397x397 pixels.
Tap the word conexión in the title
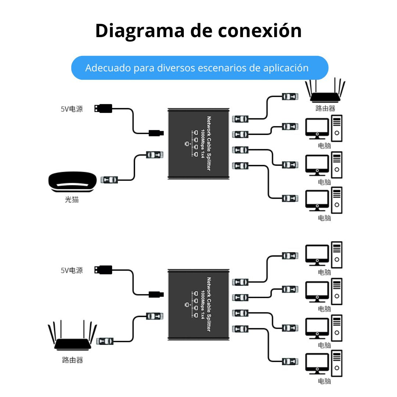click(260, 31)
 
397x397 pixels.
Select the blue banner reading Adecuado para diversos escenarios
click(199, 68)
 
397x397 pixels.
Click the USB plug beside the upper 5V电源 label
click(103, 108)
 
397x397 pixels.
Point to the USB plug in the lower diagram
click(103, 269)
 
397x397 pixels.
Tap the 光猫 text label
click(72, 200)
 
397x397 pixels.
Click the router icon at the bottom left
click(72, 336)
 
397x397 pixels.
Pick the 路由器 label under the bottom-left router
click(72, 360)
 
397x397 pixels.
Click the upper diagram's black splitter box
click(198, 143)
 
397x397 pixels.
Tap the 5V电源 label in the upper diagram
click(72, 109)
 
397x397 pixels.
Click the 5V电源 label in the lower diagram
click(72, 270)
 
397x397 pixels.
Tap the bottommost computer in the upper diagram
click(324, 200)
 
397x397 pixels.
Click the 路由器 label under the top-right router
click(325, 109)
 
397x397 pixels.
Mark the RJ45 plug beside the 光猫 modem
click(110, 180)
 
